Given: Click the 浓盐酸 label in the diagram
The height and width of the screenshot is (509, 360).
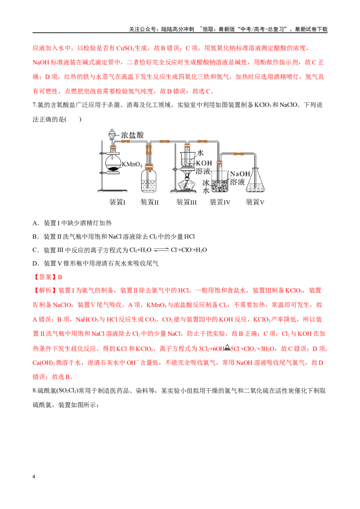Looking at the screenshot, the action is pyautogui.click(x=132, y=135).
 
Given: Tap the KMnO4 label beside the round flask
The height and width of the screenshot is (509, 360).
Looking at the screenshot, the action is pyautogui.click(x=132, y=164).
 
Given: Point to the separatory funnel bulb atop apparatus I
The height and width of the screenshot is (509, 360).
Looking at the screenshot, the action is pyautogui.click(x=112, y=134).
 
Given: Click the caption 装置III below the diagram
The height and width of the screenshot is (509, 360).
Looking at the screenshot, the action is pyautogui.click(x=186, y=202).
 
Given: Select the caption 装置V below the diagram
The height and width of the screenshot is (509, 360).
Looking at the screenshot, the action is pyautogui.click(x=255, y=202).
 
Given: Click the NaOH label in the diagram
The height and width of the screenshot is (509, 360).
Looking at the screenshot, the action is pyautogui.click(x=240, y=174).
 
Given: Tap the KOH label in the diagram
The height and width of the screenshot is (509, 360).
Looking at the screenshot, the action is pyautogui.click(x=204, y=163).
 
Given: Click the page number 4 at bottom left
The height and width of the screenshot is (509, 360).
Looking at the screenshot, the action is pyautogui.click(x=34, y=477).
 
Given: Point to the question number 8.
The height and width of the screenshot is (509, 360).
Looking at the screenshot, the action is pyautogui.click(x=34, y=391).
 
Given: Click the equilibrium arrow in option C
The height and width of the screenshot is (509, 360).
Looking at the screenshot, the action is pyautogui.click(x=161, y=250).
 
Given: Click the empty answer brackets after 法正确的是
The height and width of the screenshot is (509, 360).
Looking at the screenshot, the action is pyautogui.click(x=73, y=120).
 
